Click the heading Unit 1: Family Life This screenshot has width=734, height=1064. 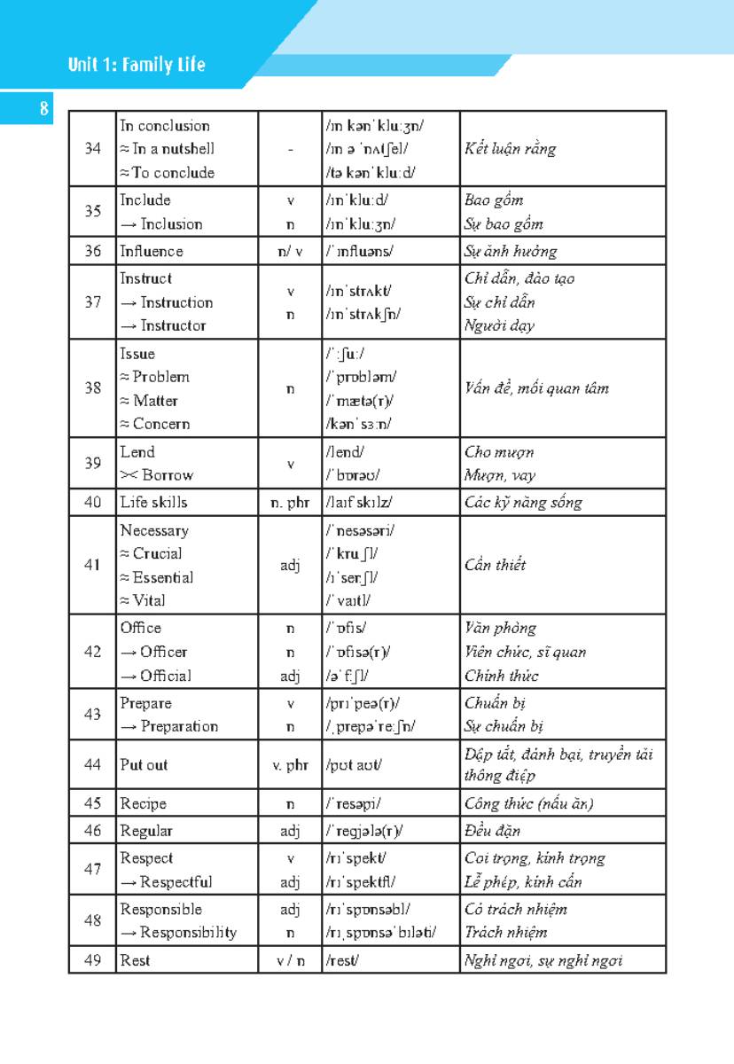(137, 65)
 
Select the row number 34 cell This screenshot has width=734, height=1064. (93, 149)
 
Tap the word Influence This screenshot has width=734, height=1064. (152, 251)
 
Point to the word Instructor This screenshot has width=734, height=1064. (173, 325)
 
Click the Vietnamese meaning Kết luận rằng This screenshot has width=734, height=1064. (511, 149)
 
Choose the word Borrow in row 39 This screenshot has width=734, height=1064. (162, 474)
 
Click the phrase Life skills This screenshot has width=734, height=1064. (154, 502)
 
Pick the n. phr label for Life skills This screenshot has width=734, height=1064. (290, 503)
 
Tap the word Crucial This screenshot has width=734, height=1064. (157, 553)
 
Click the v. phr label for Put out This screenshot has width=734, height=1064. (290, 765)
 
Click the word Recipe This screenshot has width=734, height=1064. (144, 804)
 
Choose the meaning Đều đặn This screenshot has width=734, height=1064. (493, 831)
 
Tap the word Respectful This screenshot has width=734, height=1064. (176, 882)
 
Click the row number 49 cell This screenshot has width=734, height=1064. (93, 959)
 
